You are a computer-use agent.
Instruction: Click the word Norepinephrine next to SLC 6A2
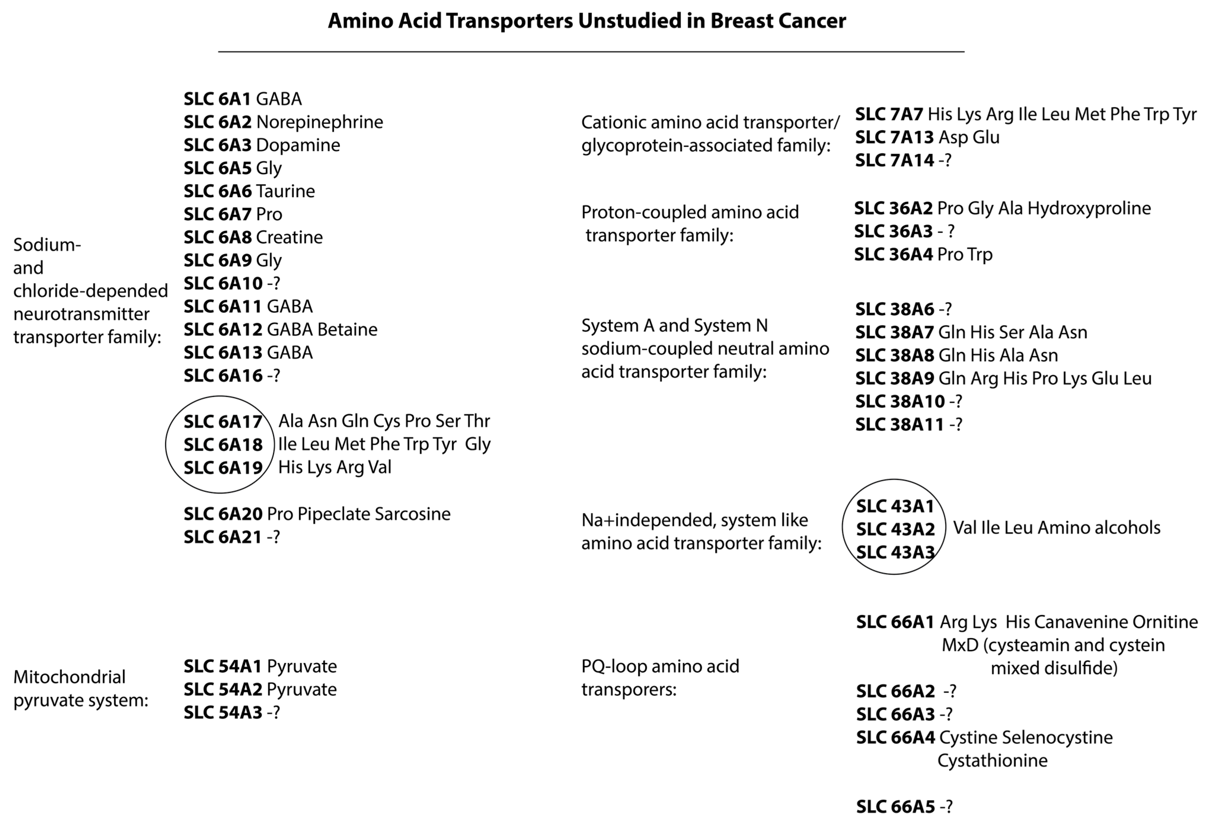(x=319, y=122)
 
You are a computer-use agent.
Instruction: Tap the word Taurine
(x=285, y=191)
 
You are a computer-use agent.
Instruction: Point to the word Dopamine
(x=298, y=145)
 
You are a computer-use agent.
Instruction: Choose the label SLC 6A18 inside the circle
(x=223, y=445)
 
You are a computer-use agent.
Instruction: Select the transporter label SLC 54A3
(x=223, y=712)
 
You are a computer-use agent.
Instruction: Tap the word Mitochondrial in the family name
(x=70, y=677)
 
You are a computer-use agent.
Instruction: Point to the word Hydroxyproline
(x=1089, y=208)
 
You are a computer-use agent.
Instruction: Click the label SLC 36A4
(x=893, y=254)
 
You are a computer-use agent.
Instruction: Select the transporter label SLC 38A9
(x=895, y=378)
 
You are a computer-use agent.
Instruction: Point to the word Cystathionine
(x=992, y=760)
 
